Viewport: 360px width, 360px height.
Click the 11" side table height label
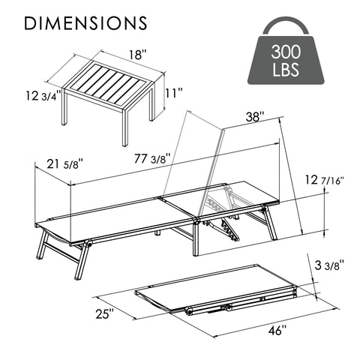(x=173, y=94)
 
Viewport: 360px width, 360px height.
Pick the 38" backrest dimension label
(x=256, y=117)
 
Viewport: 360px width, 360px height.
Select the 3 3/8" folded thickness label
(x=330, y=265)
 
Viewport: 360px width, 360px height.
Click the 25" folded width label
(x=105, y=313)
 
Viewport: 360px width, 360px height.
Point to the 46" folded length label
(x=278, y=331)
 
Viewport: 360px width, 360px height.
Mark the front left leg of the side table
(x=125, y=127)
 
